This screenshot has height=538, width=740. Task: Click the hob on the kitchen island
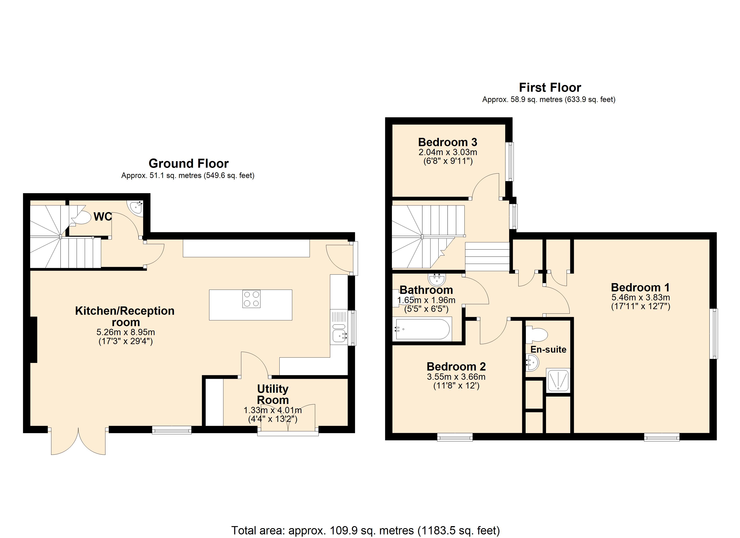coord(251,299)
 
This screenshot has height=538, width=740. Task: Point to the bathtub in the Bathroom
coord(422,329)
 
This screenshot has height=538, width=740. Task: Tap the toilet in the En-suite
coord(537,334)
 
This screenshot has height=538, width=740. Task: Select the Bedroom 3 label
coord(447,142)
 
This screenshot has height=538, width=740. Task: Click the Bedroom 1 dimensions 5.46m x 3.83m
coord(640,297)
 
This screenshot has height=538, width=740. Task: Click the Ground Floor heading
coord(188,163)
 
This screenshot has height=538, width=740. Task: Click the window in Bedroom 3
coord(510,161)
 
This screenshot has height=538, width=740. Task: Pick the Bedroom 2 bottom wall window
coord(455,437)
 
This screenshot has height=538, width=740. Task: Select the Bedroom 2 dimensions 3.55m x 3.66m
coord(456,377)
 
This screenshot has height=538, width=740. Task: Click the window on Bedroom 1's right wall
coord(714,333)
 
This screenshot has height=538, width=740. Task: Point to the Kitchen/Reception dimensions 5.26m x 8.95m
coord(126,332)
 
